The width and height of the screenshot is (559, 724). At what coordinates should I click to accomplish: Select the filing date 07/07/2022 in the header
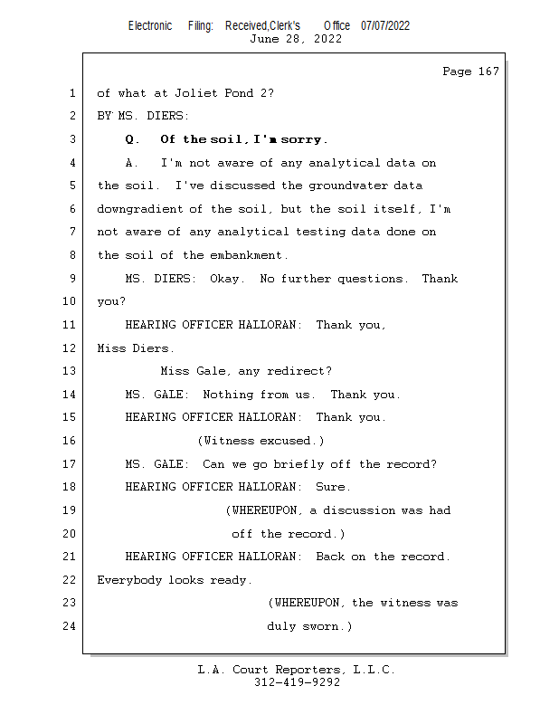click(384, 25)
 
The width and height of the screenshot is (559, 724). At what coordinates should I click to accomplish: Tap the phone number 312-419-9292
click(297, 682)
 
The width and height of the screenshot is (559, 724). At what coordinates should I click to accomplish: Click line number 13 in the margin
click(71, 371)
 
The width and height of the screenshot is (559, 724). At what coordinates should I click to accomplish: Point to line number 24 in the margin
click(71, 626)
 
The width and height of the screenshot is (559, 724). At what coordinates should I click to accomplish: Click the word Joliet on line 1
click(186, 93)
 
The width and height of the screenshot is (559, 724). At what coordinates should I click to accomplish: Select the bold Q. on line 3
click(133, 139)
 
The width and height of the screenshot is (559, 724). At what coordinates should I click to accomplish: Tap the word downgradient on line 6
click(139, 209)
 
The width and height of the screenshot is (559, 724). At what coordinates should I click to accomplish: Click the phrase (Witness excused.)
click(261, 441)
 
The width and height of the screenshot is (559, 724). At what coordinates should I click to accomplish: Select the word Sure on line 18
click(333, 487)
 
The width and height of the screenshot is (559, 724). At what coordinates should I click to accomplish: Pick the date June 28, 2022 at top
click(296, 39)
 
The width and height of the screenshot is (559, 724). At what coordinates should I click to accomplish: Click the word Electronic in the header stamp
click(150, 25)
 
